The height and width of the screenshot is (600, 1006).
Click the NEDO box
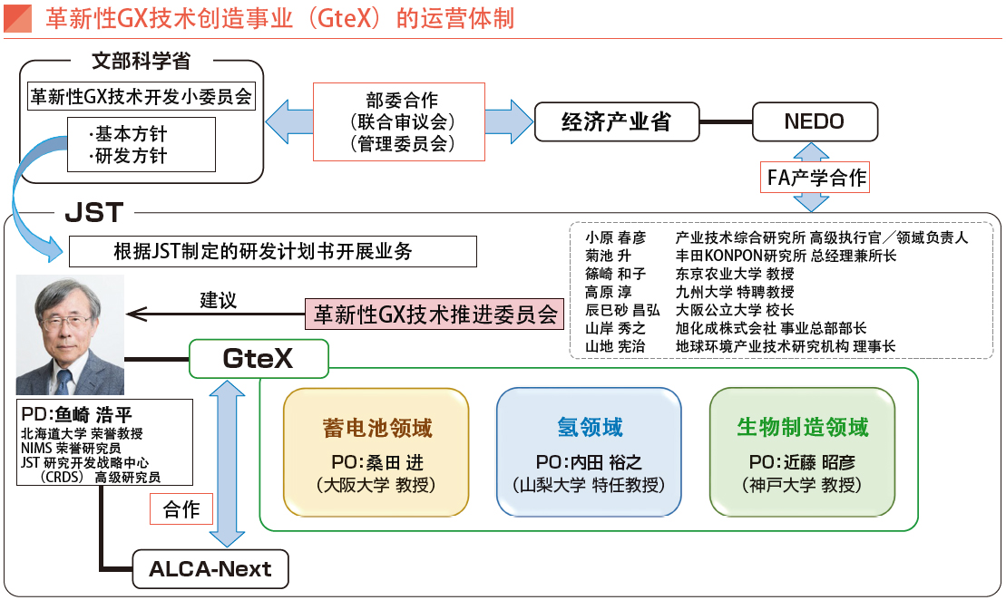(815, 121)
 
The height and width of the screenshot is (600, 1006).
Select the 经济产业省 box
(616, 121)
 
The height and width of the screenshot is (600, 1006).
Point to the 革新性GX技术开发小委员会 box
(142, 97)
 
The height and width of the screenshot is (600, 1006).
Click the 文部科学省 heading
(142, 62)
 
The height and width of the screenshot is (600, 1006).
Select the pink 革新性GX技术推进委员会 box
(434, 314)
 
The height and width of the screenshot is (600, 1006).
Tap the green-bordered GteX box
(258, 359)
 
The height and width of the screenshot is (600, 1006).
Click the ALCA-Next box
(210, 569)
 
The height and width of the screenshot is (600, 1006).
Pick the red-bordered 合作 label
(181, 509)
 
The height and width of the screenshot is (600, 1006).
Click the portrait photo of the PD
(70, 335)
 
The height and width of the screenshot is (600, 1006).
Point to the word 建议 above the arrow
(218, 299)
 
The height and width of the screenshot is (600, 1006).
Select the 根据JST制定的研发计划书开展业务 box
(272, 251)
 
